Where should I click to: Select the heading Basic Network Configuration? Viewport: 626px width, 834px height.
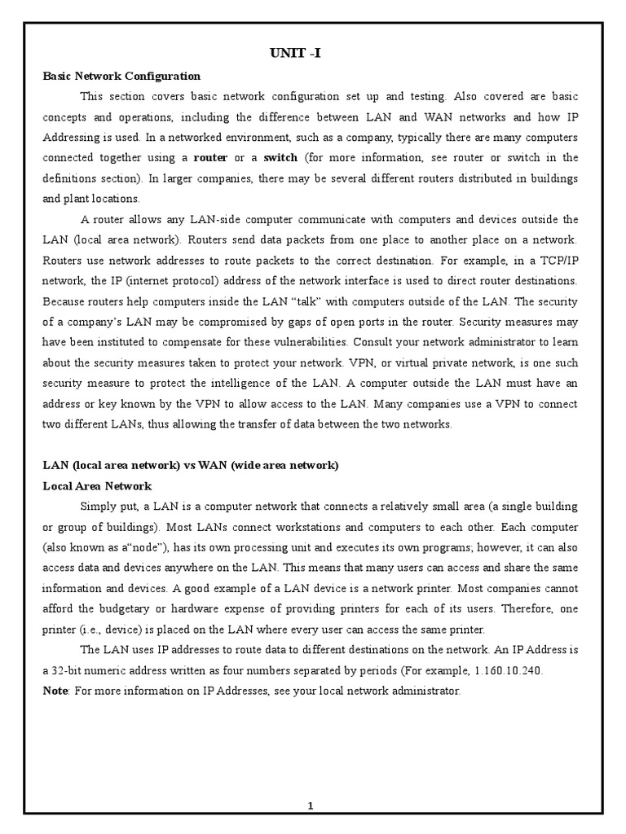[x=121, y=76]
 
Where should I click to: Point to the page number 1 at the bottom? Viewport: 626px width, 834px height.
[x=311, y=806]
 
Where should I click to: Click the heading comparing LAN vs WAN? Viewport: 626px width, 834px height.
[x=190, y=465]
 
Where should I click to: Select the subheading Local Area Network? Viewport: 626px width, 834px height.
[x=97, y=486]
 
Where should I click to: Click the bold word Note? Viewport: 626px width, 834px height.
[x=56, y=691]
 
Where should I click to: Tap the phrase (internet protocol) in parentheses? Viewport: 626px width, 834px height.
[x=144, y=281]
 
